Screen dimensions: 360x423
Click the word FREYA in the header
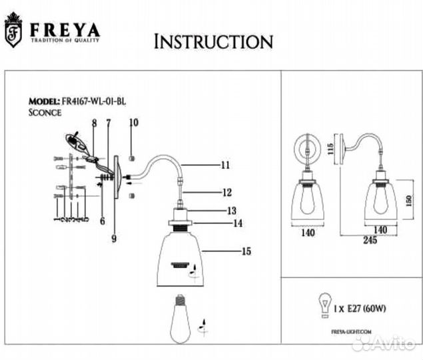[63, 29]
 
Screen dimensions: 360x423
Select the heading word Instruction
[212, 41]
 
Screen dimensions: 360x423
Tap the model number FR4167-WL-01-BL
[93, 101]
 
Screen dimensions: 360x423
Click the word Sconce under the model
[45, 113]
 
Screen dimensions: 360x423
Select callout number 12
[226, 192]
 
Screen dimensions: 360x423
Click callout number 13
[231, 210]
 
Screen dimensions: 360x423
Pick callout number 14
[236, 224]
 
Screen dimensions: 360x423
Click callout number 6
[102, 221]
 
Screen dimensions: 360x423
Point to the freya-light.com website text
[350, 331]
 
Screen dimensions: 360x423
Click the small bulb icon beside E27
[327, 303]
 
